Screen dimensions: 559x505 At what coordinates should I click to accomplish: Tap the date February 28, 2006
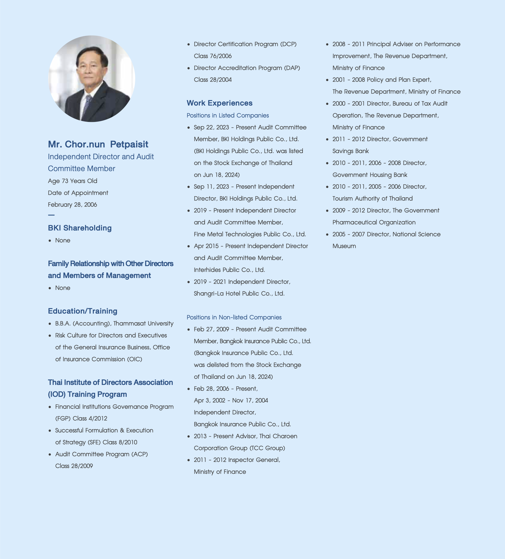pyautogui.click(x=72, y=205)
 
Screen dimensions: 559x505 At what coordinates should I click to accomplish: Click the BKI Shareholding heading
pyautogui.click(x=80, y=228)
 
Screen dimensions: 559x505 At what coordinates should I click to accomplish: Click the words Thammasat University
pyautogui.click(x=143, y=324)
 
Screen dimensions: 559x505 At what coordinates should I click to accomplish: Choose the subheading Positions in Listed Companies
pyautogui.click(x=228, y=115)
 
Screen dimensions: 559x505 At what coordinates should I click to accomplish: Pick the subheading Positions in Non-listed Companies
pyautogui.click(x=234, y=317)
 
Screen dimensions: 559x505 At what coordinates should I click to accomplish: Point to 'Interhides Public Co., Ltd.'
pyautogui.click(x=229, y=270)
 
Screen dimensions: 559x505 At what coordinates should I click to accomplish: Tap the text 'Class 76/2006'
pyautogui.click(x=213, y=56)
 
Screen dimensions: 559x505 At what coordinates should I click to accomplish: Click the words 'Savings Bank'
pyautogui.click(x=350, y=151)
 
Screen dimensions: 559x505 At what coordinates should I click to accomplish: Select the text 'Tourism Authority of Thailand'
pyautogui.click(x=372, y=199)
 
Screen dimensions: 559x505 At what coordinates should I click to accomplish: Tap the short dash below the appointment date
pyautogui.click(x=51, y=215)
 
